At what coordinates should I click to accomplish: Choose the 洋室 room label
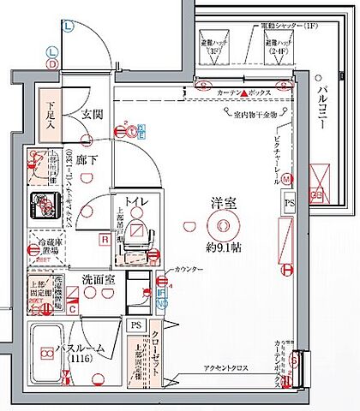tap(225, 203)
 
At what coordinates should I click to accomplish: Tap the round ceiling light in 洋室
tap(225, 226)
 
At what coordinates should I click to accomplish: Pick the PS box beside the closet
tap(135, 325)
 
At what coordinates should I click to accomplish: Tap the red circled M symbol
tap(286, 178)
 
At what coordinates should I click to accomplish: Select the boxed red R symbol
tap(104, 241)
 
